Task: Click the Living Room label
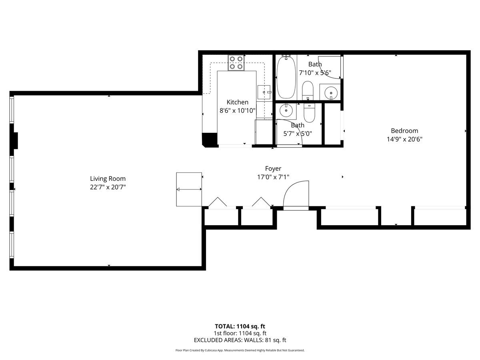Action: pos(108,178)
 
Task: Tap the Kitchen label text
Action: pos(238,102)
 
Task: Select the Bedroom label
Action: pos(404,131)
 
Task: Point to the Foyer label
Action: pos(273,169)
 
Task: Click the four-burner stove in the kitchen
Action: pos(236,63)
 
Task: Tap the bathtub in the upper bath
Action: pos(286,78)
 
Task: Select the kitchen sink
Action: pos(264,92)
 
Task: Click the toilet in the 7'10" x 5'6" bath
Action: pos(308,91)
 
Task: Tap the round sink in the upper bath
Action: pos(331,93)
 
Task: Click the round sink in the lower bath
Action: pos(286,111)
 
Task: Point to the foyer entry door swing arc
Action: pos(289,187)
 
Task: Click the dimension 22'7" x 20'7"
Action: pos(108,187)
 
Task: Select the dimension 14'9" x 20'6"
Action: pos(404,139)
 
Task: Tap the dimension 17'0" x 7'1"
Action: pos(273,177)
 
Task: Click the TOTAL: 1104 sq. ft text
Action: pos(240,326)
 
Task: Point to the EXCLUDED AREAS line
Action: pos(240,340)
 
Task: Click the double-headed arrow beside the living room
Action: pos(189,189)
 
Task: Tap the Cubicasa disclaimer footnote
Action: pos(240,350)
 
